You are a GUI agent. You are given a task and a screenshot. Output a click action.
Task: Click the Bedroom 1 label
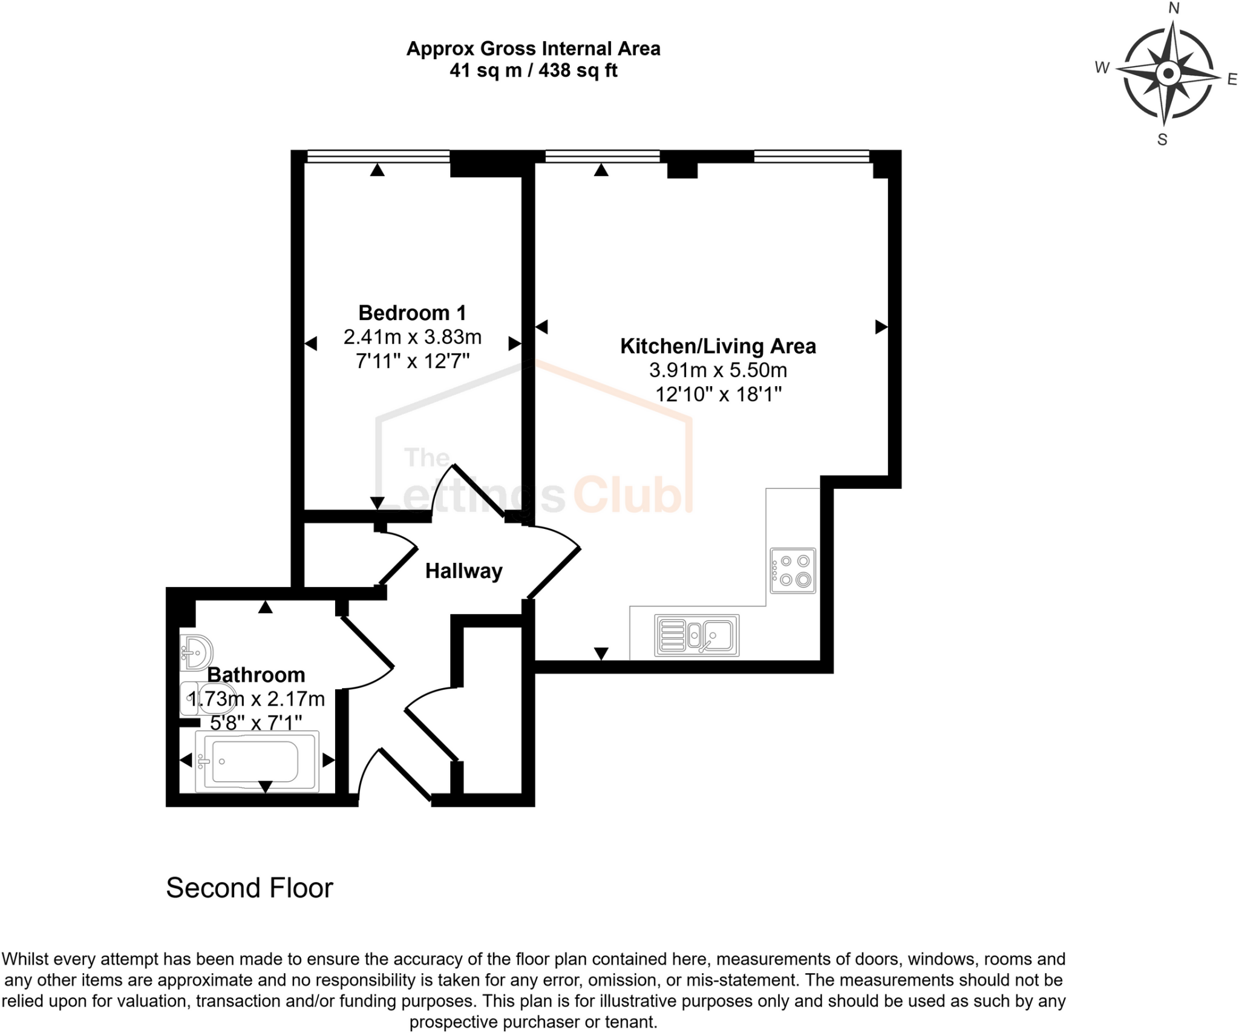click(x=412, y=313)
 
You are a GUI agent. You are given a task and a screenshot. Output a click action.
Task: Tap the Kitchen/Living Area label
click(x=718, y=346)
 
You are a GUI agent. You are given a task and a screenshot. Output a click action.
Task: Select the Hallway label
click(x=464, y=571)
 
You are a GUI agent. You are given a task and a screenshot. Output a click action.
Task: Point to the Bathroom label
click(x=256, y=675)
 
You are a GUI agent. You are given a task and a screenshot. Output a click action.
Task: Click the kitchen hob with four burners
click(x=793, y=571)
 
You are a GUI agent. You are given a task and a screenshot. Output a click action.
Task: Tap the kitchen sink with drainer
click(x=697, y=636)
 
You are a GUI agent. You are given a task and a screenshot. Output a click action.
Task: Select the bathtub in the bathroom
click(x=257, y=761)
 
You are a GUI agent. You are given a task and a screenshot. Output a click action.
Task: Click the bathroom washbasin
click(x=196, y=652)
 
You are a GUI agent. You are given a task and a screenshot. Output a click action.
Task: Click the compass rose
click(x=1168, y=74)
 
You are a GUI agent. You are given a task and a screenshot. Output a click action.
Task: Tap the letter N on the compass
click(x=1174, y=8)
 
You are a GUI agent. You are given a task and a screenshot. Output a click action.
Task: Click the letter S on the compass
click(x=1162, y=140)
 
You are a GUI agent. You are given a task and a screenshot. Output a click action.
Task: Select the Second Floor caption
click(x=249, y=888)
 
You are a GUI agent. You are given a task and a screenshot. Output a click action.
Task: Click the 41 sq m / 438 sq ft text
click(x=533, y=71)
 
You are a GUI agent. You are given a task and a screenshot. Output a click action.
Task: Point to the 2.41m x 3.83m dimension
click(x=412, y=336)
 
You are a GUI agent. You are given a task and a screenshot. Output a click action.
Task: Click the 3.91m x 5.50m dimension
click(x=718, y=370)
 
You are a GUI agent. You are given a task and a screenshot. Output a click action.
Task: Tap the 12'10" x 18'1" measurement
click(x=718, y=394)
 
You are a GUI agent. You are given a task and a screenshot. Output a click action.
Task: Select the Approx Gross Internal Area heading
click(x=533, y=48)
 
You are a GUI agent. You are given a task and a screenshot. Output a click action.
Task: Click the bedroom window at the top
click(x=378, y=157)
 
